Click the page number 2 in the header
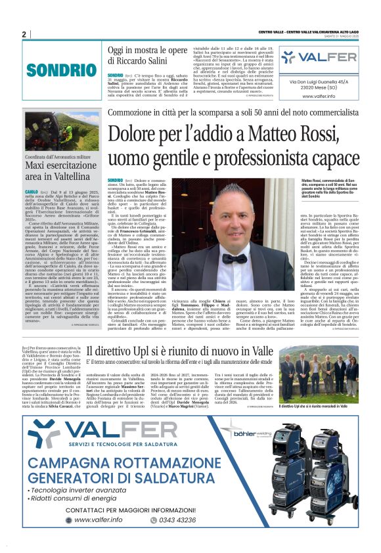point(24,34)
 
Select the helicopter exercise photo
point(61,132)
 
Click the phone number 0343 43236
point(177,520)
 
